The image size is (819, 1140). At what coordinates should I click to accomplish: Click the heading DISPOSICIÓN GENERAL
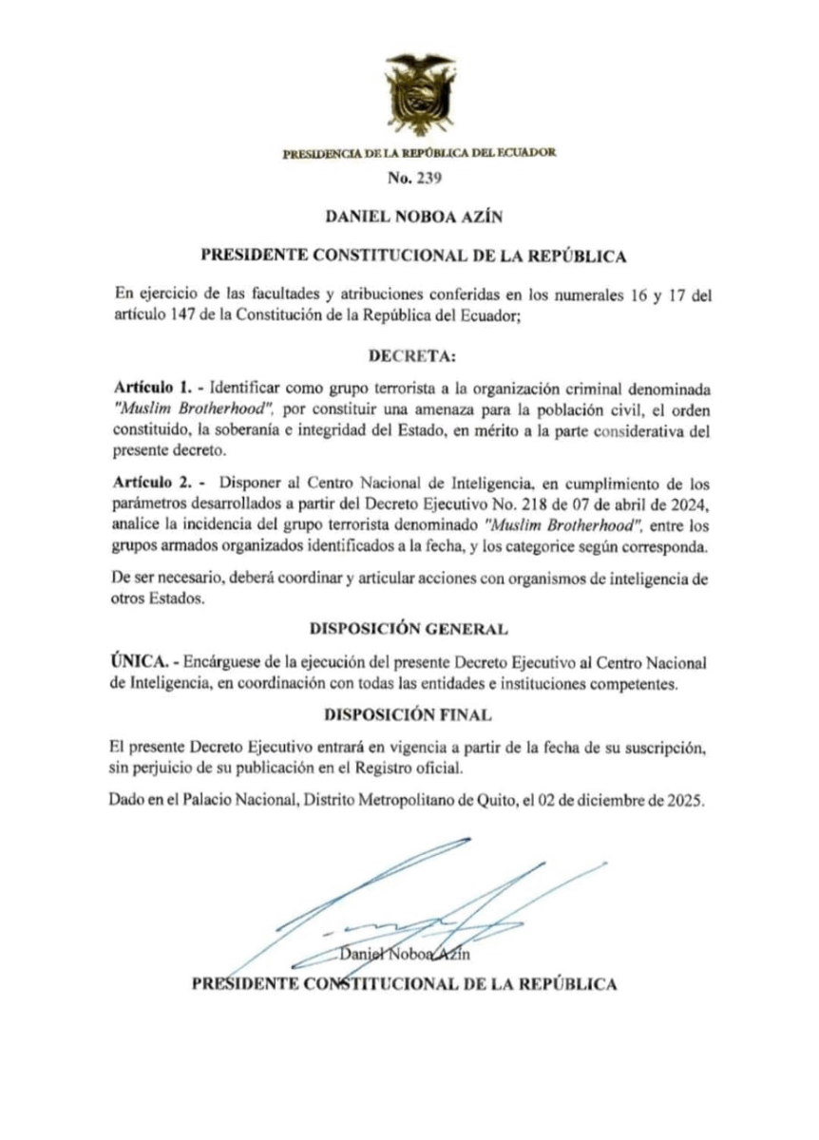pos(409,629)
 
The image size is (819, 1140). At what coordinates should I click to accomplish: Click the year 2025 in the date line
pos(684,800)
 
